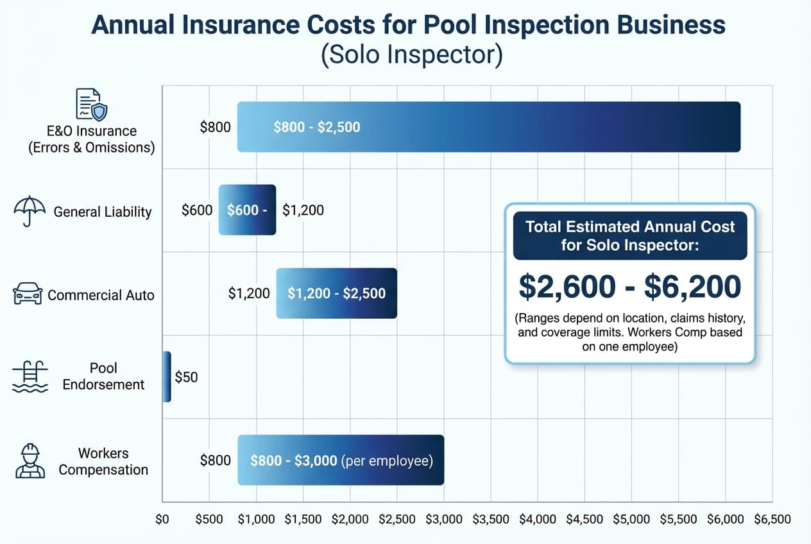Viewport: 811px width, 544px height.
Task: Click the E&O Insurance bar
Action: (x=488, y=127)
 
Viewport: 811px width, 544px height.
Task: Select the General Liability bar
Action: (x=247, y=210)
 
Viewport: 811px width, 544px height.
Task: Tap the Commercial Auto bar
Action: (x=336, y=293)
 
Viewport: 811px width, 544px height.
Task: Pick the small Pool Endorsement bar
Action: (x=167, y=377)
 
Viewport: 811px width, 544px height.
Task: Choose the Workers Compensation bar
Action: (x=340, y=461)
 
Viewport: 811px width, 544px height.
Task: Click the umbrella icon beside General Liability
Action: (x=30, y=210)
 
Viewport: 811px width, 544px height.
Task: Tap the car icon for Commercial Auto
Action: (x=28, y=294)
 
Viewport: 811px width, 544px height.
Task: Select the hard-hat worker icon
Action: (x=30, y=461)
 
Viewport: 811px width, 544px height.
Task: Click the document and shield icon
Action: (x=90, y=105)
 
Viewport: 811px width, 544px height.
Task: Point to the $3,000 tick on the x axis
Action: (x=443, y=520)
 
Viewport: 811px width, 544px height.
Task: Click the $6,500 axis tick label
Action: (x=772, y=520)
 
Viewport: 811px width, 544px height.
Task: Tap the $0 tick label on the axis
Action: (x=162, y=520)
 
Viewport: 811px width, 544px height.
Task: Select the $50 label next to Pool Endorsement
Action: (x=186, y=377)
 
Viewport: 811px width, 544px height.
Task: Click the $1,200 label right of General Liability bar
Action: (x=303, y=210)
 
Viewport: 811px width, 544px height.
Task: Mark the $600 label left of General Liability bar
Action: (x=197, y=210)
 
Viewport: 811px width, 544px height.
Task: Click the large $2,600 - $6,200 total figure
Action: (x=629, y=287)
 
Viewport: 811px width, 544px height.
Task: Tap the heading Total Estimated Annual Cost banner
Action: (x=629, y=235)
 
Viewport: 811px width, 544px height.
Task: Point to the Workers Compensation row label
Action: (x=103, y=461)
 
